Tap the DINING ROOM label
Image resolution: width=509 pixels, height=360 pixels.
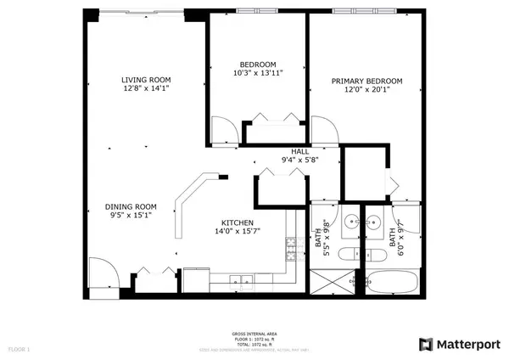131,206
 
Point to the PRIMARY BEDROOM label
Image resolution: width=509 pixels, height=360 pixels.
366,82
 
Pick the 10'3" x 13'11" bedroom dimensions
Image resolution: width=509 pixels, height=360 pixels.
257,74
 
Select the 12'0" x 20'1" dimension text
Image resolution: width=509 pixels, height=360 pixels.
366,92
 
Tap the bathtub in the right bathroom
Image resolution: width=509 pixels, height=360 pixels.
391,281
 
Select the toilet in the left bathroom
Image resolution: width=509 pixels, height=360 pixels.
349,256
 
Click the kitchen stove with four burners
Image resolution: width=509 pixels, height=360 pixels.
290,247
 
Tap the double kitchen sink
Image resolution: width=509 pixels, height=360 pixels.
241,279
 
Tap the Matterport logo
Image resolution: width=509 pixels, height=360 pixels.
456,344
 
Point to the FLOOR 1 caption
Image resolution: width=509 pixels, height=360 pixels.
19,349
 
